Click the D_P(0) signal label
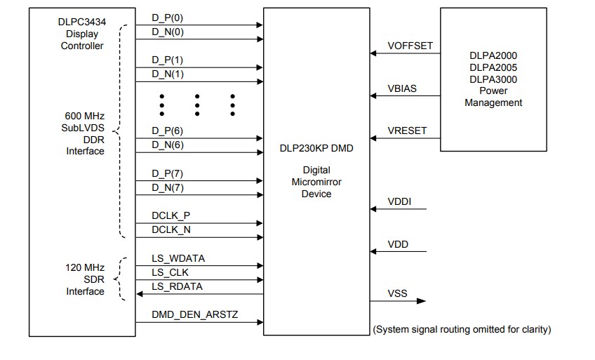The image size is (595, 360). (x=168, y=18)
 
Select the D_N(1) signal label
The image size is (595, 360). (x=168, y=74)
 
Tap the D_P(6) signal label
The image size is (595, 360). (x=168, y=131)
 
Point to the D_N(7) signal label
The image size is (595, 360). (x=168, y=187)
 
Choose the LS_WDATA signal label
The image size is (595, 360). (x=178, y=258)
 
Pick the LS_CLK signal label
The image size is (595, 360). (x=170, y=272)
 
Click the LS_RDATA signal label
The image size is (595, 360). (x=178, y=286)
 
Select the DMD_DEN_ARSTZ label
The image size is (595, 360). (x=195, y=315)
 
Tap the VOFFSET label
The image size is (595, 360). (x=410, y=46)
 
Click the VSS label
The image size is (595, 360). (x=397, y=294)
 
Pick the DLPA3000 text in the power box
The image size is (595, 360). (x=493, y=79)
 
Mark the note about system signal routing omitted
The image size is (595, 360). (x=461, y=329)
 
